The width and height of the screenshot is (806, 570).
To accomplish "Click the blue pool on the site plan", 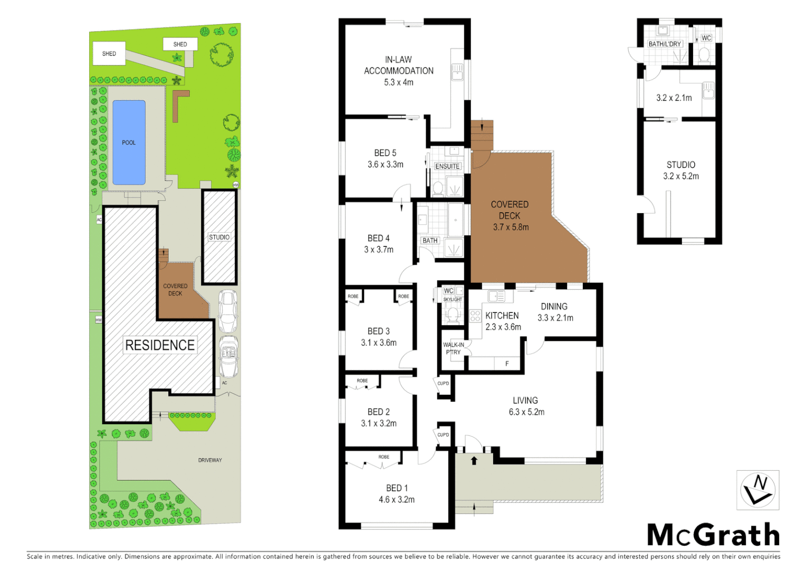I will click(129, 142).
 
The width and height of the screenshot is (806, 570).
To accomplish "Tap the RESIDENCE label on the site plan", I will click(160, 345).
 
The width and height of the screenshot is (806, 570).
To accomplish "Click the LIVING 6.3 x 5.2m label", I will click(526, 406).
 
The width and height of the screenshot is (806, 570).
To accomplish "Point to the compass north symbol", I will click(757, 490).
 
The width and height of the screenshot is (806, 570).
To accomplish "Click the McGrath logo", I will click(713, 535).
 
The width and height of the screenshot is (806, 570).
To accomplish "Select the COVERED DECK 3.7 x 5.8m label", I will click(510, 216).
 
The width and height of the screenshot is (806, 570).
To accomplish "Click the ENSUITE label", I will click(447, 166).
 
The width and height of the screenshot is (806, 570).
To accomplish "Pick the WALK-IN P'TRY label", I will click(453, 348).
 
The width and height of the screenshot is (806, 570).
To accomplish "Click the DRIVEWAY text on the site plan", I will click(210, 460).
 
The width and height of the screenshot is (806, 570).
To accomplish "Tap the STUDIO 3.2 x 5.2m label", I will click(681, 170).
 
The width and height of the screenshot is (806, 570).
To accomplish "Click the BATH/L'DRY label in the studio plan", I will click(665, 44).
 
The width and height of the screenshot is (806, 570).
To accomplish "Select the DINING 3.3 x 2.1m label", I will click(555, 312).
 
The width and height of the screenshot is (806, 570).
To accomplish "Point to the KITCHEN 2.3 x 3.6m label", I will click(503, 321).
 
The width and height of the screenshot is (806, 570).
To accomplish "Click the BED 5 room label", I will click(386, 158).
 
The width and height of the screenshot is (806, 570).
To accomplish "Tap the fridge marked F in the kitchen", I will click(507, 364).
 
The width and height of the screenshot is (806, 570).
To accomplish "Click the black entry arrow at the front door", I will click(474, 461).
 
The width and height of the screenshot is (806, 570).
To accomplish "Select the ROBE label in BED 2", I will click(362, 381).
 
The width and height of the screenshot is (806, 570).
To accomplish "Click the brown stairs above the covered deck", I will click(482, 135).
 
